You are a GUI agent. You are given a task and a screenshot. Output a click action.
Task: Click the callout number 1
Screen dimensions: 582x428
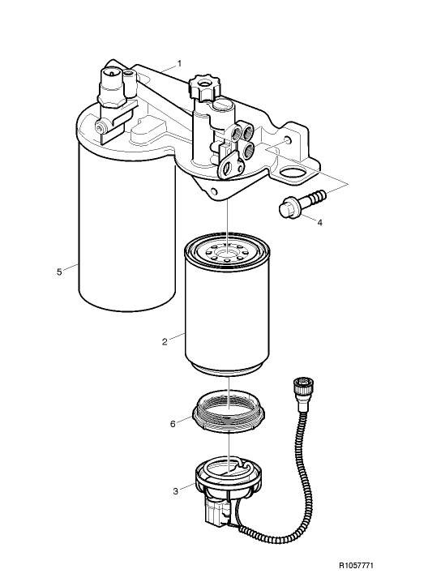coord(179,62)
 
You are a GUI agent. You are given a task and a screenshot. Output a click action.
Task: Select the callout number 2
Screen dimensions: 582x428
coord(165,341)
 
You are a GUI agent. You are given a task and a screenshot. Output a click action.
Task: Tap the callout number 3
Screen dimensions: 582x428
coord(176,490)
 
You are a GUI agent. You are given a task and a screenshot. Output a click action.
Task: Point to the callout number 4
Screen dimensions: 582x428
coord(319,221)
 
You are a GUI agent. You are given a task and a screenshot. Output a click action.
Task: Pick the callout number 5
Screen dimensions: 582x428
coord(59,272)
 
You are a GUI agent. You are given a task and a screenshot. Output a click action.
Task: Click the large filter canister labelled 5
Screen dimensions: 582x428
coord(126,235)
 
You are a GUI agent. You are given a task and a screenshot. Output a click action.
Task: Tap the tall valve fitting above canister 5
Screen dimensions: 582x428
coord(111,88)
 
